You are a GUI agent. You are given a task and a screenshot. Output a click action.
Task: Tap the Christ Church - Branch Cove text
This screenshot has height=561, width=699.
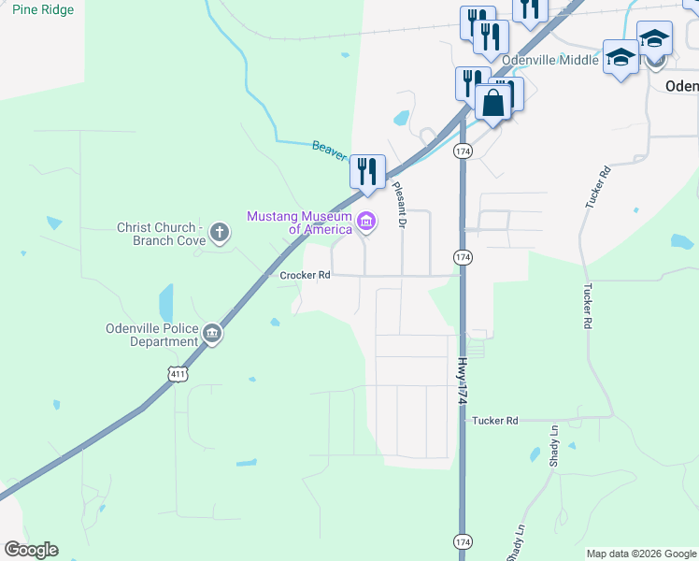(x=160, y=234)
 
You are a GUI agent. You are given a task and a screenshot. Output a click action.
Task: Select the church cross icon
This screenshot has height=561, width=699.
(x=220, y=232)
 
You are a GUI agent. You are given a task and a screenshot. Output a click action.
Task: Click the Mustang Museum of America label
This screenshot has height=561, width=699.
(x=299, y=223)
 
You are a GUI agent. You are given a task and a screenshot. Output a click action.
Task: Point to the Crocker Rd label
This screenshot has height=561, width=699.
(x=306, y=276)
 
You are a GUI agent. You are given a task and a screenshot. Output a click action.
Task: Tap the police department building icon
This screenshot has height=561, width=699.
(x=213, y=333)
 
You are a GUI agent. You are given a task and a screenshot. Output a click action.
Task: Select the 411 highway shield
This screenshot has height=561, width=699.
(x=178, y=374)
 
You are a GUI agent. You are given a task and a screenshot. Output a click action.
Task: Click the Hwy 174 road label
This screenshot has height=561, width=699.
(x=462, y=379)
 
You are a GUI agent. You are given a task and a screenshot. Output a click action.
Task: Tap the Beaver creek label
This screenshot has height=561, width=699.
(x=329, y=150)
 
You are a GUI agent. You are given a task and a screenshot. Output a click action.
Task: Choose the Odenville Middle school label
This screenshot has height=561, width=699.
(x=549, y=60)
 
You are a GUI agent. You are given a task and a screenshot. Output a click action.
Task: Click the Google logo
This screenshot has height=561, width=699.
(x=31, y=550)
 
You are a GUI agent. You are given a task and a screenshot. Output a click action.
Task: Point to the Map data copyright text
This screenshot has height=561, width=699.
(x=641, y=554)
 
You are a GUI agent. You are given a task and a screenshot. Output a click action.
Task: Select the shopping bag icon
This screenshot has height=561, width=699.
(x=493, y=102)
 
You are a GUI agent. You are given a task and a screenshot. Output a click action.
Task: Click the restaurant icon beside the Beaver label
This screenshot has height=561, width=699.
(x=367, y=171)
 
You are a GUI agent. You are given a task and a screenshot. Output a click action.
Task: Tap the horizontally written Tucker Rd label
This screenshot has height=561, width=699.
(x=495, y=421)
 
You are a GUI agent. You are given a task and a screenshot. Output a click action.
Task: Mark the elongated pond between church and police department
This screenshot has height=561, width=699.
(x=166, y=302)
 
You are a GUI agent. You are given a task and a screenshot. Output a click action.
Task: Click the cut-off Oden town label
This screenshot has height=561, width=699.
(x=681, y=85)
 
